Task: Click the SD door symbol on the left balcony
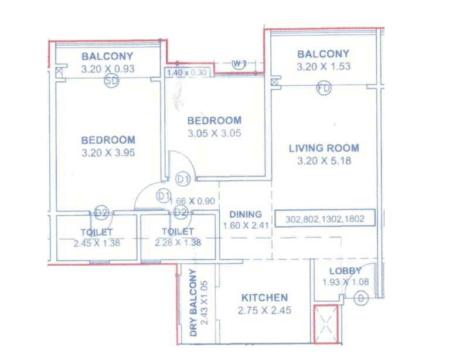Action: coord(111,82)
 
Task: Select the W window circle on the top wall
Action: coord(238,63)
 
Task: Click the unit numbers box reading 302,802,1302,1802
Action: coord(325,219)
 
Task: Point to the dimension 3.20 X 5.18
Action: coord(324,161)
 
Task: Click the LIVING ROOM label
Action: coord(324,148)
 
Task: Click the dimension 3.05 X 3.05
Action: coord(214,133)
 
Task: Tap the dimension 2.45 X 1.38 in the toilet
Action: coord(97,243)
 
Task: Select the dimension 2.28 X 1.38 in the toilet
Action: coord(178,243)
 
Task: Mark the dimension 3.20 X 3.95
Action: coord(108,153)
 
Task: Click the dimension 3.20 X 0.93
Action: coord(107,69)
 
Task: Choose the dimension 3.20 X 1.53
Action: coord(324,66)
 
